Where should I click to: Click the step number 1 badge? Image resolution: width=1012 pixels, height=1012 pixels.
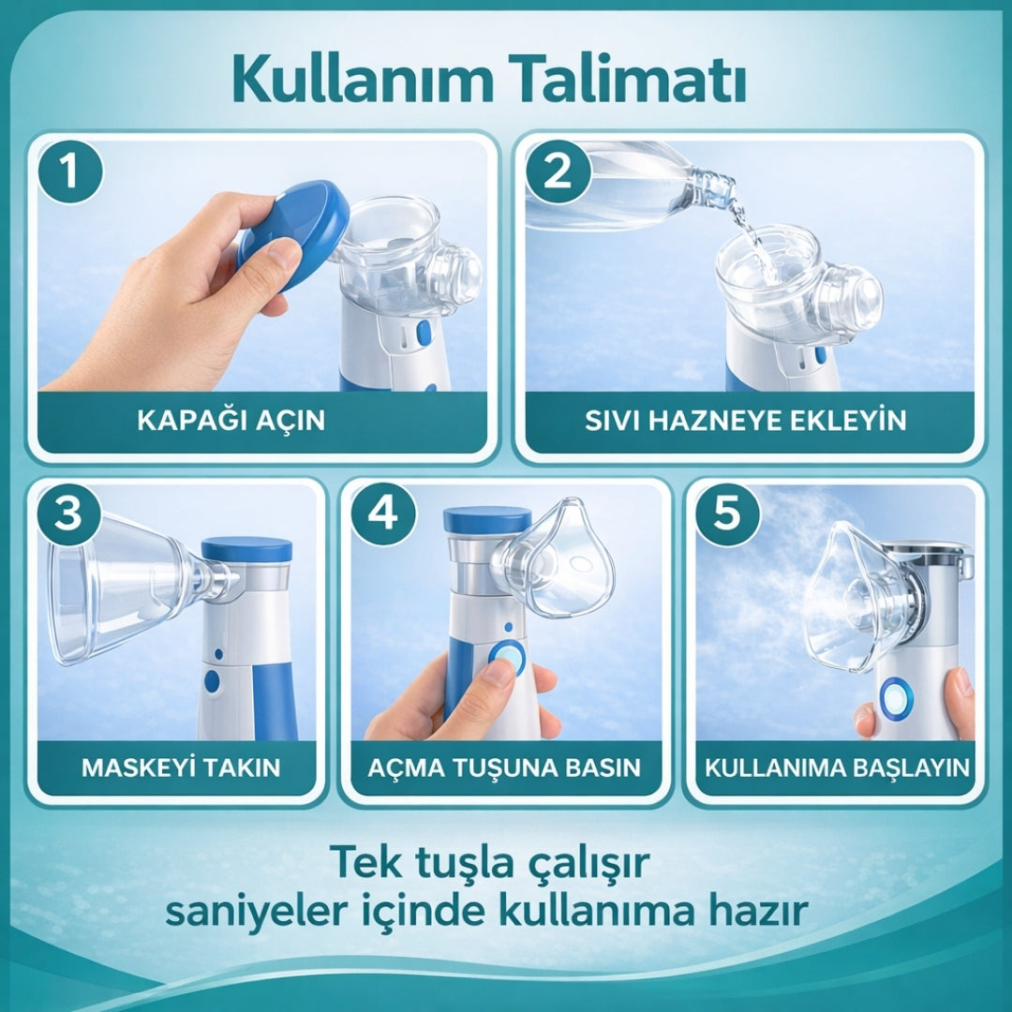(x=68, y=172)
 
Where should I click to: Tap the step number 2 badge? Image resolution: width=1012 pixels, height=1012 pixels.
(x=558, y=172)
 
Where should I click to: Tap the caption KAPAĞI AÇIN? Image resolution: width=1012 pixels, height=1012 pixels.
(x=231, y=420)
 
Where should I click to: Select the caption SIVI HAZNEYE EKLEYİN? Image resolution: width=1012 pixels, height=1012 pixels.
(x=746, y=420)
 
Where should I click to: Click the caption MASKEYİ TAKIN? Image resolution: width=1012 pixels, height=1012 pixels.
(x=181, y=767)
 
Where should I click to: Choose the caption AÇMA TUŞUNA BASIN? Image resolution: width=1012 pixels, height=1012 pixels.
(x=504, y=767)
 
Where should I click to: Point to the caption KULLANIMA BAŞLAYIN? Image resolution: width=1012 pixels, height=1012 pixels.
(x=837, y=767)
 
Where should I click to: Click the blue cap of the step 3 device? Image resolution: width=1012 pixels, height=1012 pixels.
(x=246, y=549)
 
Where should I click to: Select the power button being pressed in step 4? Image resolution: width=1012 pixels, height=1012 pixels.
(x=507, y=659)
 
